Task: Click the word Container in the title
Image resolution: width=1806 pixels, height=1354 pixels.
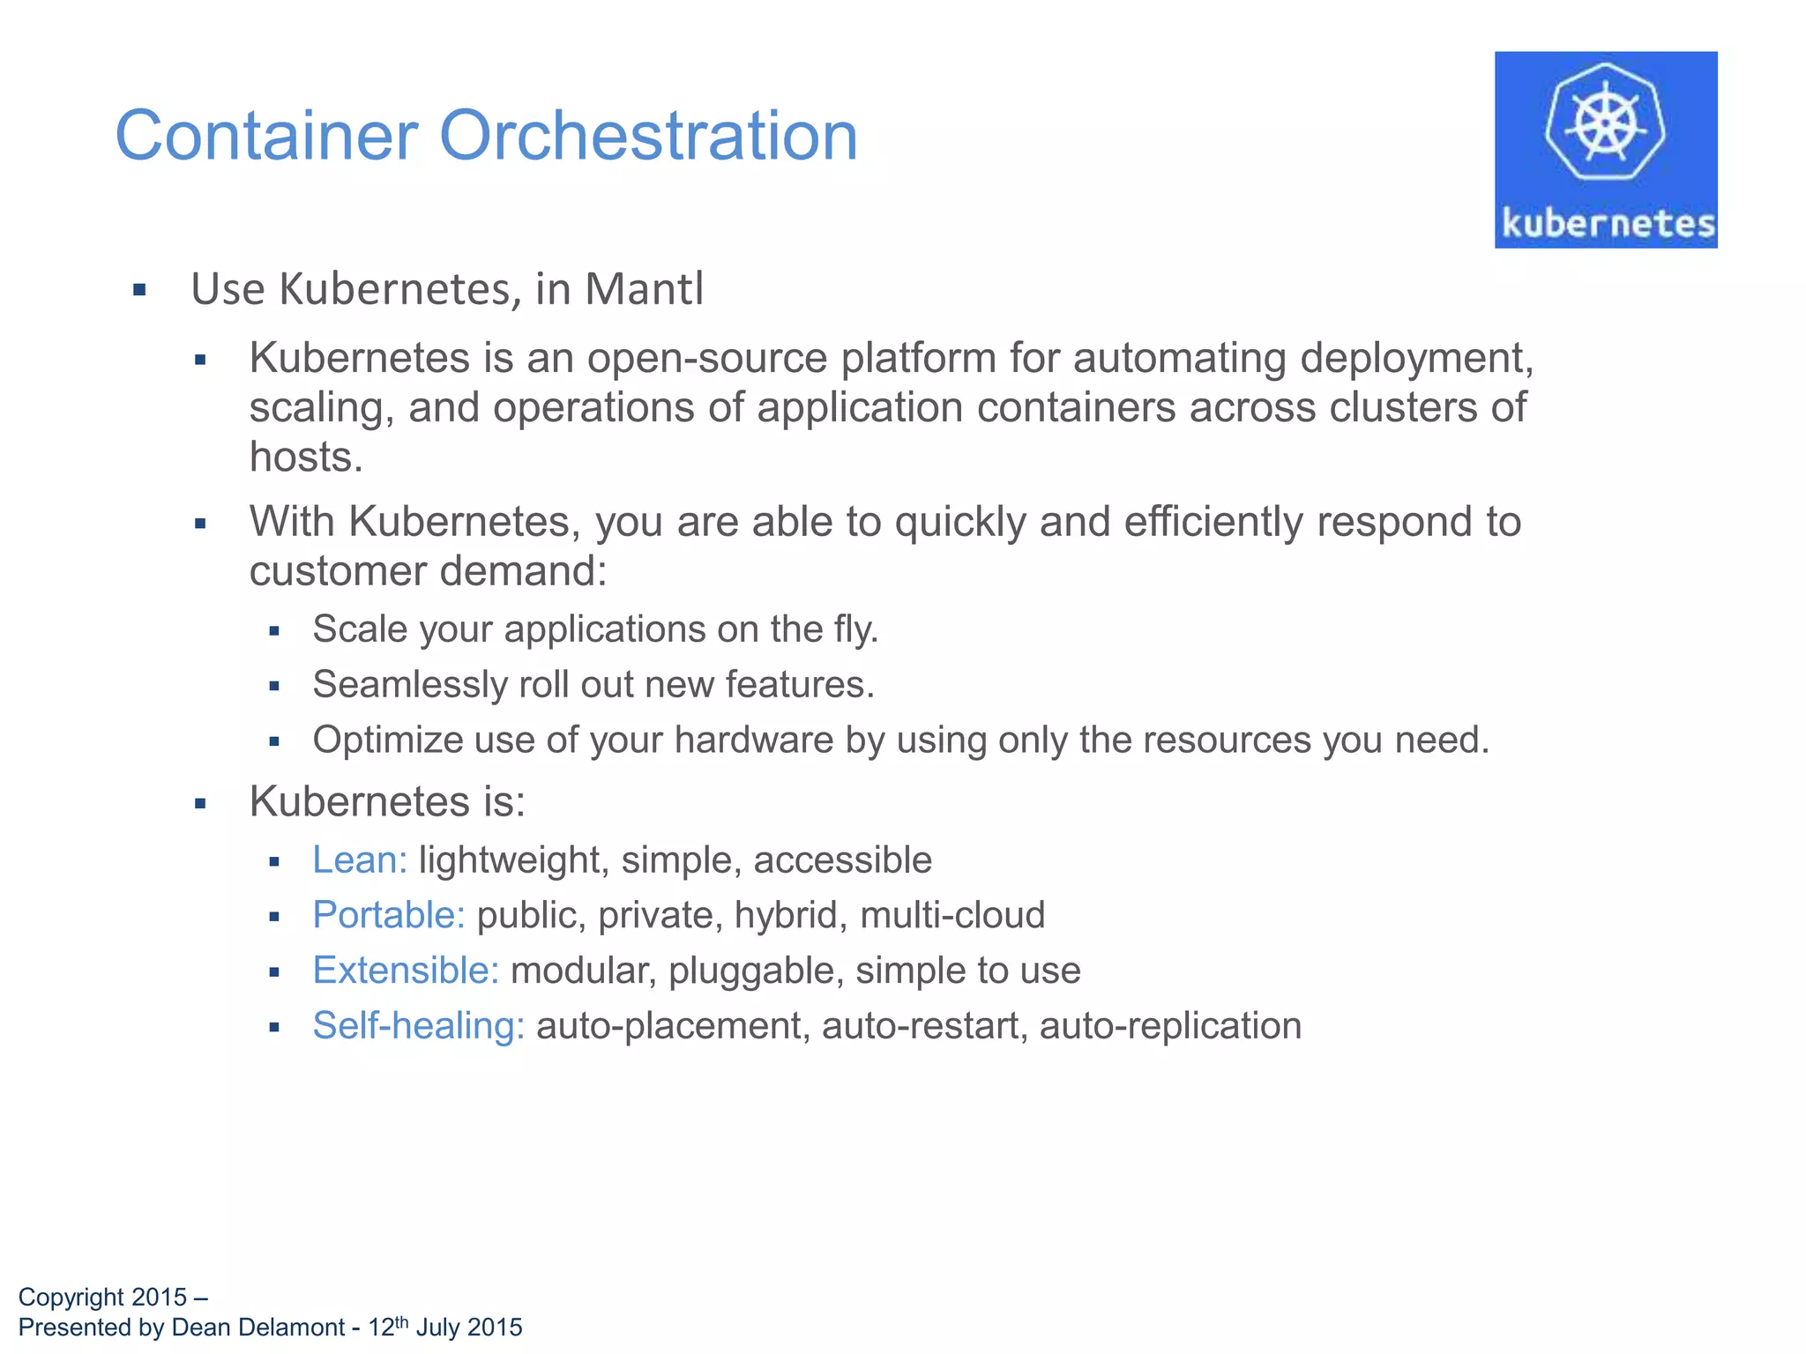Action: click(266, 137)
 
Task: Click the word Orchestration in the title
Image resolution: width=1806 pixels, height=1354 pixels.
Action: click(648, 137)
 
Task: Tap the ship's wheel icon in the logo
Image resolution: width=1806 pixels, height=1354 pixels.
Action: click(1605, 123)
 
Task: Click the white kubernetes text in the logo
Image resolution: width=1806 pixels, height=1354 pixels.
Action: click(1608, 223)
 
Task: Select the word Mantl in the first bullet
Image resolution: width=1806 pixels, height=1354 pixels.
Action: click(644, 289)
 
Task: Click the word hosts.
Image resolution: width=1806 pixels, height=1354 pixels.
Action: click(305, 458)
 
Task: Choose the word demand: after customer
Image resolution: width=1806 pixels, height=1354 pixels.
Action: click(524, 571)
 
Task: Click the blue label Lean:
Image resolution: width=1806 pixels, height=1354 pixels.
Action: click(360, 860)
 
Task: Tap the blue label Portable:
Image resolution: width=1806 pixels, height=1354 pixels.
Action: click(389, 915)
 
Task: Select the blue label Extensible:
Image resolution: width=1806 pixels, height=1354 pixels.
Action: click(406, 971)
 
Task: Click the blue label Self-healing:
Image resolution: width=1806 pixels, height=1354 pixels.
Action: click(419, 1026)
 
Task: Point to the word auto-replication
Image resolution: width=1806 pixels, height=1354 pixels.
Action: click(1170, 1026)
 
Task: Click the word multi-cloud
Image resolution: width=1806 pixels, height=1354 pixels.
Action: click(952, 915)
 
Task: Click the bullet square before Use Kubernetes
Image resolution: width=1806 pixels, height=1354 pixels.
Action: click(139, 290)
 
